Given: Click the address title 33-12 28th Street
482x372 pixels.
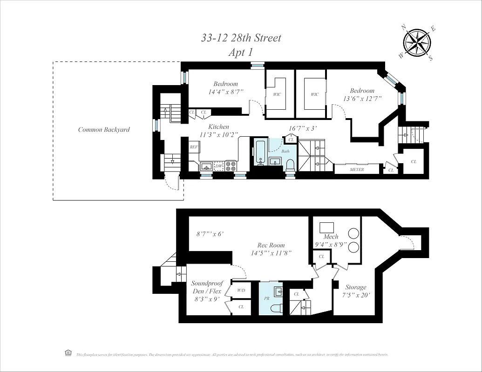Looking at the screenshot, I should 241,38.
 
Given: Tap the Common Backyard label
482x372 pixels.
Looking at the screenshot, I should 104,130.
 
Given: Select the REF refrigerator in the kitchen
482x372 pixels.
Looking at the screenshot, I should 194,147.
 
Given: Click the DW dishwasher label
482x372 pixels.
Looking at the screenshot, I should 218,166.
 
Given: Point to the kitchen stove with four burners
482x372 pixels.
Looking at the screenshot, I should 231,166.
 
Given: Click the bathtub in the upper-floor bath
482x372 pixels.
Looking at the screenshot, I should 259,152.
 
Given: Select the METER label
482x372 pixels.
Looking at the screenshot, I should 357,170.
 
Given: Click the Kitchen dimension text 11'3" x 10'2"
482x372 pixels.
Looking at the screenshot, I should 218,135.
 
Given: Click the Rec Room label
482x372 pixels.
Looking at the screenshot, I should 271,245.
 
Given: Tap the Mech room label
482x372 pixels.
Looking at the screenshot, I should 331,237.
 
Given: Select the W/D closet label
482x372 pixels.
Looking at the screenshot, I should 241,290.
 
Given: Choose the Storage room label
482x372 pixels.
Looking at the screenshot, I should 356,287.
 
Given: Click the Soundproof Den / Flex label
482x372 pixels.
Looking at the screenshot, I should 207,287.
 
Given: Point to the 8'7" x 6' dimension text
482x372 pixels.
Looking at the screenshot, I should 210,233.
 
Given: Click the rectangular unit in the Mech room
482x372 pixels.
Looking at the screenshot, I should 327,227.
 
